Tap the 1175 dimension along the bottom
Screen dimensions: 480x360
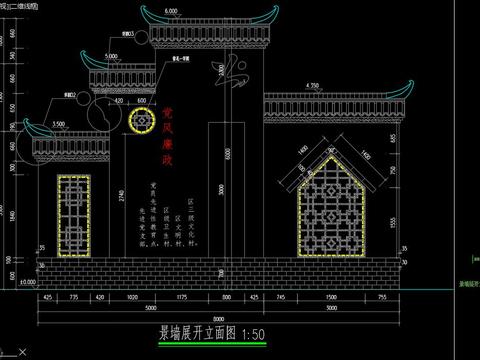click(x=184, y=298)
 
